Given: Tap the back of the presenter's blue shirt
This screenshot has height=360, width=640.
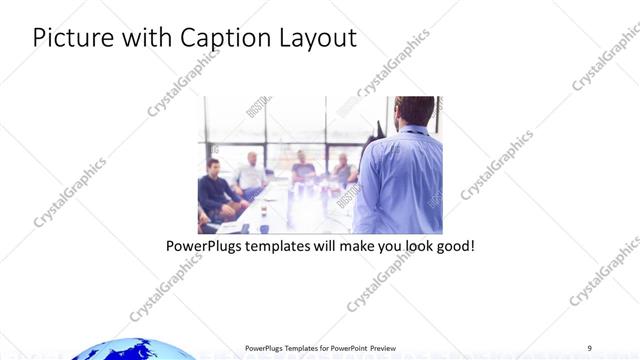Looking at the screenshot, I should point(400,180).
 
